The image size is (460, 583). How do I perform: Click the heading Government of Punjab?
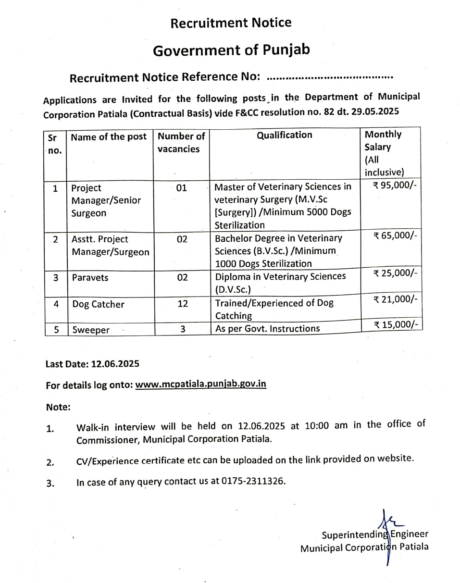tap(231, 50)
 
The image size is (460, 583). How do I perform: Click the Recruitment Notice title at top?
tap(231, 23)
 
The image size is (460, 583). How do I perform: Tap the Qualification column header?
tap(285, 135)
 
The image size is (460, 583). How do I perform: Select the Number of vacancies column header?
tap(181, 142)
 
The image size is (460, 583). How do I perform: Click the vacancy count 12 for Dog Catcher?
tap(183, 304)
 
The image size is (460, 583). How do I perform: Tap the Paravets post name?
tap(90, 277)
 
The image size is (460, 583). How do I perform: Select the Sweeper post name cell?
tap(91, 330)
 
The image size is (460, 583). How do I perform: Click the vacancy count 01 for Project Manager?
tap(181, 188)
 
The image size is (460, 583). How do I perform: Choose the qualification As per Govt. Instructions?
tap(267, 328)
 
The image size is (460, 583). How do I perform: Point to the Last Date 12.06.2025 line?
tap(92, 364)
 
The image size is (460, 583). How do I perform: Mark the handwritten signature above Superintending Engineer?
tap(387, 521)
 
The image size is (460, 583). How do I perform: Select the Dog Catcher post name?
tap(98, 304)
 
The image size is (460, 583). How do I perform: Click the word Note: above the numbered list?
tap(58, 407)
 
